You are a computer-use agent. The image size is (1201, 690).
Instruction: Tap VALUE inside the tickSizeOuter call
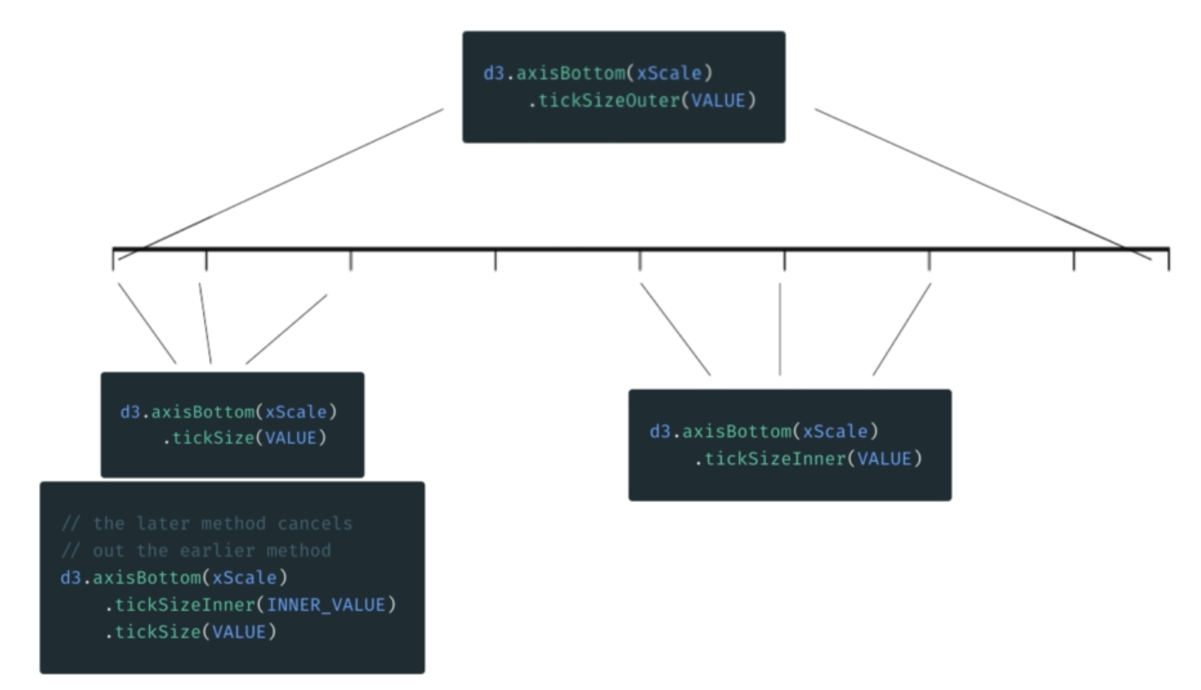pyautogui.click(x=719, y=101)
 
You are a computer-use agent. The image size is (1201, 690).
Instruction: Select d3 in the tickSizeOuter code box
pyautogui.click(x=494, y=73)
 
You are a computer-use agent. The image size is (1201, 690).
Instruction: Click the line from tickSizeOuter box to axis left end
pyautogui.click(x=283, y=180)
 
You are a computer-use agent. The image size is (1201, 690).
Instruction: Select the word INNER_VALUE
pyautogui.click(x=325, y=605)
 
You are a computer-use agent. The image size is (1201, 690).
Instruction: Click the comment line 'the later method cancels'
pyautogui.click(x=206, y=523)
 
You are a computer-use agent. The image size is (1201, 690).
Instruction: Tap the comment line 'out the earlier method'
pyautogui.click(x=196, y=549)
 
